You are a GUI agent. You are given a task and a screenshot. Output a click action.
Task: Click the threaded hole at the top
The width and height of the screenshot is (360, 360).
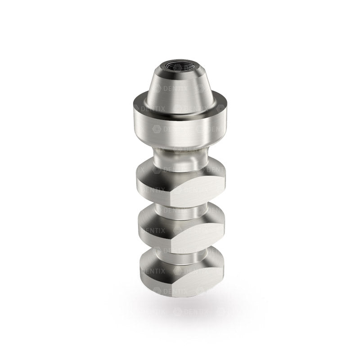(180, 70)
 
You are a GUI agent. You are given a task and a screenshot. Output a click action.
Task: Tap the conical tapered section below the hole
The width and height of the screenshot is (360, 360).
(180, 88)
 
